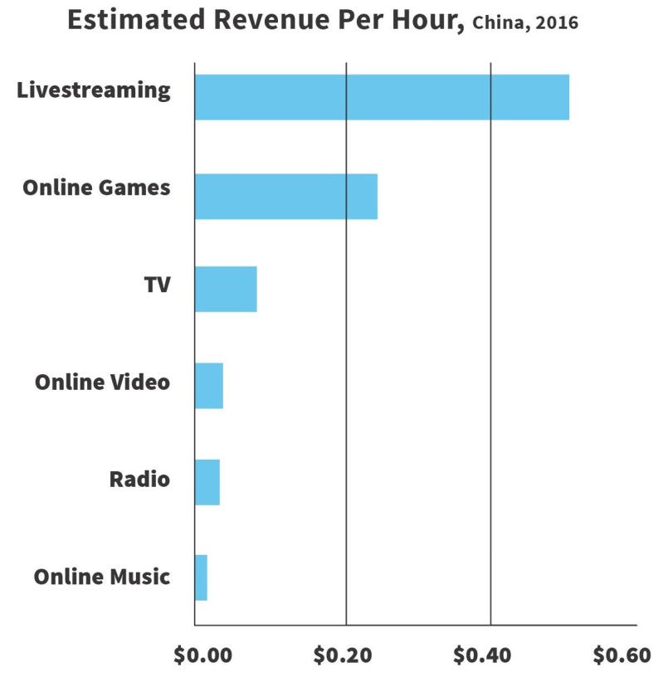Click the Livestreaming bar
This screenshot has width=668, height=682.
tap(382, 97)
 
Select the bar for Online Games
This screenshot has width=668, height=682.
tap(286, 197)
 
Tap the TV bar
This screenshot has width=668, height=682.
tap(226, 289)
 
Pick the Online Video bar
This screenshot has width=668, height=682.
tap(209, 386)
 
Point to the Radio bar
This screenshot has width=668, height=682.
tap(207, 482)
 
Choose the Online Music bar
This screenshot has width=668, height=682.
tap(201, 577)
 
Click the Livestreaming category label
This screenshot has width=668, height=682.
tap(94, 90)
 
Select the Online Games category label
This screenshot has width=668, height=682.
tap(96, 188)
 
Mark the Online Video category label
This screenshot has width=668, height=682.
tap(102, 382)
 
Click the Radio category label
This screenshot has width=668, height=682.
tap(139, 480)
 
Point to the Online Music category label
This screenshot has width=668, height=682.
tap(101, 577)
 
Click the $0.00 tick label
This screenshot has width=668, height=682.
tap(204, 655)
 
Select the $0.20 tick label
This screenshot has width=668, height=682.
tap(344, 655)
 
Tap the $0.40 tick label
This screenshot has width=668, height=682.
tap(485, 655)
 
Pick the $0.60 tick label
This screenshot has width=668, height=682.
tap(622, 655)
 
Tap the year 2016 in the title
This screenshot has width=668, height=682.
tap(557, 23)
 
